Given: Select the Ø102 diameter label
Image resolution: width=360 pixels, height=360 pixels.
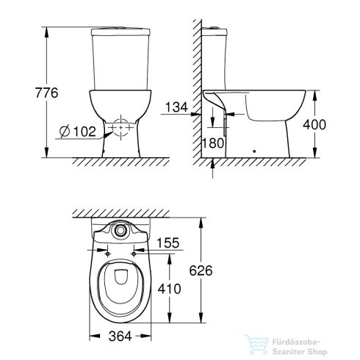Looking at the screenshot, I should [76, 133].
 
